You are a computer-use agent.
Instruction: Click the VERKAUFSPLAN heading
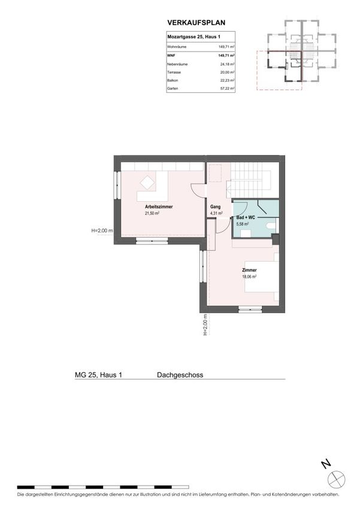196,23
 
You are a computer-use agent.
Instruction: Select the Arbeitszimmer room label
159,207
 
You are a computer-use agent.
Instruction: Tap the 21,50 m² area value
152,213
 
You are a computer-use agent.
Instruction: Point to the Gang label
215,207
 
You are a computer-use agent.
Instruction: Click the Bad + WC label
246,217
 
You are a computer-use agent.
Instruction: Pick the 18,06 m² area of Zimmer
249,277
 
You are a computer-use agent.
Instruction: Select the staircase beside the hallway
248,180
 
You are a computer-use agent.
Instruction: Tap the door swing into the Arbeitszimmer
197,190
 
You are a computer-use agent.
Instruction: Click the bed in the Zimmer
261,277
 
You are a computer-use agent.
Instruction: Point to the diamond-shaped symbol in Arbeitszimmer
148,183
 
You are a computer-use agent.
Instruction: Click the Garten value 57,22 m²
227,88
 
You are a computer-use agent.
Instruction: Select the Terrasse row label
174,72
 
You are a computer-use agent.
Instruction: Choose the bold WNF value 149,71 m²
226,56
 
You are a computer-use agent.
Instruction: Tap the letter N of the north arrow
326,464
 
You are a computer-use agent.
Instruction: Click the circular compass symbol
336,479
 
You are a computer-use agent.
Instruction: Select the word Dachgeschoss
180,375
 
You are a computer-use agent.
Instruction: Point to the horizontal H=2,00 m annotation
102,231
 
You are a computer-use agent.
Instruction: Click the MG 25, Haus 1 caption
98,375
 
